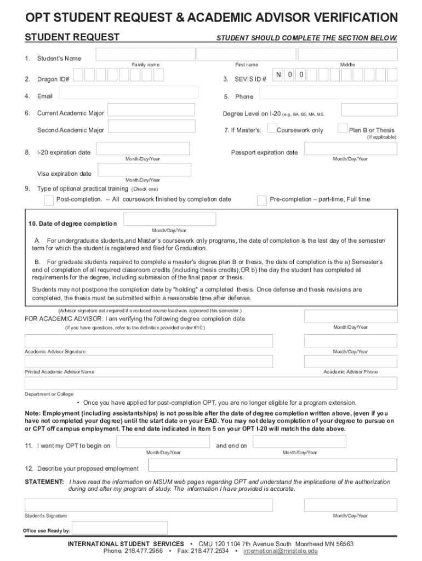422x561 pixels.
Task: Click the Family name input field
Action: click(x=145, y=54)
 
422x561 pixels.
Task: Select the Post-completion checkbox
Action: click(x=49, y=200)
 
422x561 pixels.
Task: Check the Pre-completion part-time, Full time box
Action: click(x=262, y=200)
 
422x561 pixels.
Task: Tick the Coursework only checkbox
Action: click(x=272, y=128)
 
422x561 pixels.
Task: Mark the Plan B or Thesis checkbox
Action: click(x=342, y=128)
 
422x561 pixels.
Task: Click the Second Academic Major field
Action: click(x=151, y=128)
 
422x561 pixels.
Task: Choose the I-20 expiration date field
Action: click(x=142, y=148)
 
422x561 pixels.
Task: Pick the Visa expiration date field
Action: click(x=144, y=170)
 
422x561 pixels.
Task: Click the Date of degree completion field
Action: click(x=169, y=220)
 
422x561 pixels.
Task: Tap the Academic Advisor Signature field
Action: click(x=149, y=341)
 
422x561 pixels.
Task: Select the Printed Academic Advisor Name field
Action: click(x=149, y=362)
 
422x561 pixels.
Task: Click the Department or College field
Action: click(x=210, y=383)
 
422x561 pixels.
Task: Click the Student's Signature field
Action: click(x=149, y=505)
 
